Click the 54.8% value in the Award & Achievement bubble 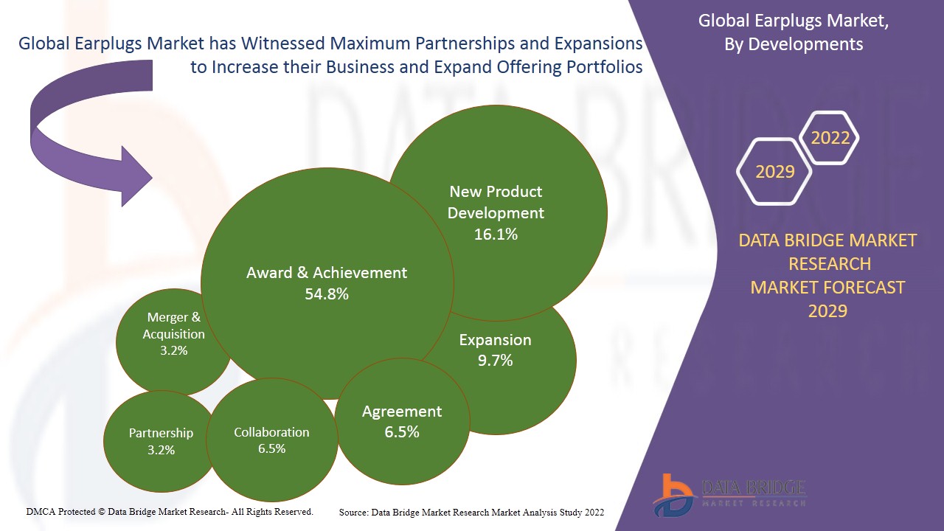click(327, 294)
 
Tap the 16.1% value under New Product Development click(496, 235)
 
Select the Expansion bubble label click(495, 340)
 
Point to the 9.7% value click(495, 361)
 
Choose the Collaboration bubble click(271, 440)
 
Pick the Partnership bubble click(160, 441)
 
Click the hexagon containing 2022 click(830, 138)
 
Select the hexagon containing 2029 click(775, 172)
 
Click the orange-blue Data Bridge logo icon click(673, 494)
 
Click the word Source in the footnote click(354, 512)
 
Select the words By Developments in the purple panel click(794, 44)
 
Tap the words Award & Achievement click(327, 273)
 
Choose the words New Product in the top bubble click(496, 192)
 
